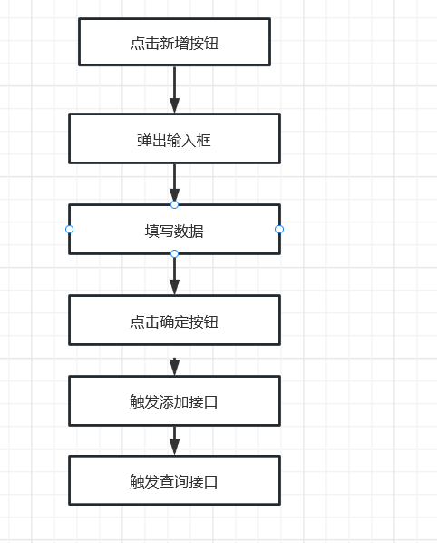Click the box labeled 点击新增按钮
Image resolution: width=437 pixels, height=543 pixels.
pos(174,42)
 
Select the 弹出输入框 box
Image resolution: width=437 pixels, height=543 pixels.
pos(174,139)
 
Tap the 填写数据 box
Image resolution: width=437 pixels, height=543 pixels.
pos(174,229)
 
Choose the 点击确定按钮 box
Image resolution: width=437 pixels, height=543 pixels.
pos(174,320)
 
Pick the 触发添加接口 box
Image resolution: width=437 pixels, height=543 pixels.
pos(174,400)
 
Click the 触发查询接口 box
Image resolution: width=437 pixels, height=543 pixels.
pos(174,480)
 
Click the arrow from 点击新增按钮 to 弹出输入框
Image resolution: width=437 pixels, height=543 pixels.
pos(174,89)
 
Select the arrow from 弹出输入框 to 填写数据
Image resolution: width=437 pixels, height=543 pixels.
pos(174,183)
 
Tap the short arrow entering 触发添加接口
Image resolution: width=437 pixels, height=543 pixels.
pos(174,367)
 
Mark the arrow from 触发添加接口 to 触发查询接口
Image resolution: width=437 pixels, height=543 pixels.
pos(174,440)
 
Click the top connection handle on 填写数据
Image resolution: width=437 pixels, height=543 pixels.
pos(174,204)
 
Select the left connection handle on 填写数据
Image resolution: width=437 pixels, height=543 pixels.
pos(69,229)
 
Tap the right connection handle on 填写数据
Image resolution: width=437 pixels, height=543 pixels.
pos(279,229)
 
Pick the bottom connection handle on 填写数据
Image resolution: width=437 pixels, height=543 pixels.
pos(174,254)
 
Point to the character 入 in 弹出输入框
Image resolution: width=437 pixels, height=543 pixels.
pos(189,140)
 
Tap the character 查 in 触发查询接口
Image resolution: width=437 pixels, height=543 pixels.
pos(167,481)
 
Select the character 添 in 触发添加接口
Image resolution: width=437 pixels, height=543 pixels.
pos(167,402)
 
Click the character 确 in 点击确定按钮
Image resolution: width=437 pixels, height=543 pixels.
pos(167,321)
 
